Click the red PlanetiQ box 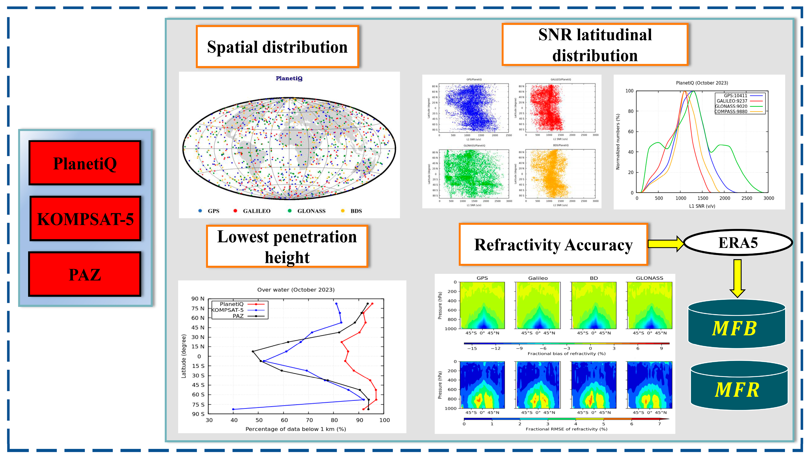(85, 163)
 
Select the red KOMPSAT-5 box (85, 218)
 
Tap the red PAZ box (85, 274)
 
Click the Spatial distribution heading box (277, 47)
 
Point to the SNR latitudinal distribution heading (595, 44)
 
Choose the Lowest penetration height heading (287, 246)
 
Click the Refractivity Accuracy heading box (553, 245)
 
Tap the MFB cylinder (736, 324)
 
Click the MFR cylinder (739, 385)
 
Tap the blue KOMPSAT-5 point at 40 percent (233, 409)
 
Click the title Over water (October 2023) (296, 290)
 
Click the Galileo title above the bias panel (538, 278)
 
